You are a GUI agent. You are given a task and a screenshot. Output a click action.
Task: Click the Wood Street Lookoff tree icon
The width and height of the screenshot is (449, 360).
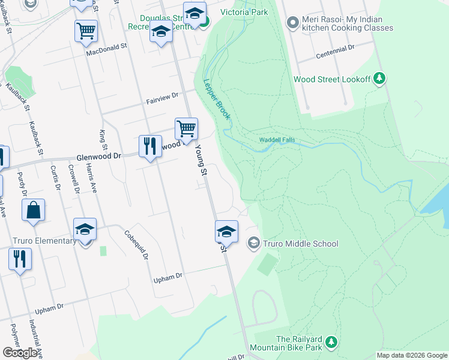click(x=379, y=79)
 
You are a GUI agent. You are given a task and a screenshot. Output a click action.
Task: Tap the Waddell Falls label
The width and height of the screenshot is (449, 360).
click(x=277, y=140)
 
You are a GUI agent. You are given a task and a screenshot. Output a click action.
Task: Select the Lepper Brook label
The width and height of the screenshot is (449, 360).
click(x=217, y=100)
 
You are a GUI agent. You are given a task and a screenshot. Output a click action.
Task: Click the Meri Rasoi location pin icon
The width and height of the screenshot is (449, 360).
click(x=293, y=23)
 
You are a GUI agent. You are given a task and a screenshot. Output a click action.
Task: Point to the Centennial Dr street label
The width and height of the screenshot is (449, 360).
click(x=336, y=53)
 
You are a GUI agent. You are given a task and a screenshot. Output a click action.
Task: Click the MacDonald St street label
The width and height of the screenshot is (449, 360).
click(x=107, y=49)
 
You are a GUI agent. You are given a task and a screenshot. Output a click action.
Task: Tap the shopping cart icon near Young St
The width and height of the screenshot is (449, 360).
click(x=186, y=128)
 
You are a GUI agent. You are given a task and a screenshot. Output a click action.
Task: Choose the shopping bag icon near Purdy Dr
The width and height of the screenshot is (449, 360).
click(x=34, y=209)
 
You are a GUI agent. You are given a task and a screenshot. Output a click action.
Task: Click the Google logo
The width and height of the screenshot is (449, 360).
click(x=20, y=353)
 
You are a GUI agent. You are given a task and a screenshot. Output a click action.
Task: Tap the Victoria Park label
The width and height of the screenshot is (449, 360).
click(x=243, y=11)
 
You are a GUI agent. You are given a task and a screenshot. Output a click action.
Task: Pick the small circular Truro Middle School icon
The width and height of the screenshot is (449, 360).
click(x=254, y=243)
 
